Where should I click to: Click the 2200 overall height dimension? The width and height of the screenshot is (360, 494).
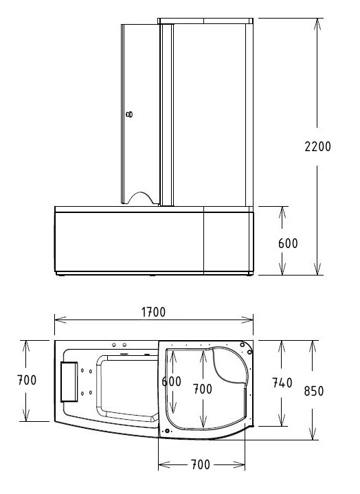(318, 146)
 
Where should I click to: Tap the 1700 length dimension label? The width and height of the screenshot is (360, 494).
(153, 312)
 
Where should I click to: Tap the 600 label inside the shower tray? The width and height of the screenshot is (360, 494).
(172, 381)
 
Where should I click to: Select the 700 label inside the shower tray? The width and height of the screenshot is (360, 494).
(202, 389)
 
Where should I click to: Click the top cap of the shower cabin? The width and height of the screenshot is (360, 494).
(206, 21)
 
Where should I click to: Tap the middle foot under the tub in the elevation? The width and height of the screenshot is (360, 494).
(153, 277)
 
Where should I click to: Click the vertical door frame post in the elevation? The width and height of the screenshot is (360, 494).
(165, 113)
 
